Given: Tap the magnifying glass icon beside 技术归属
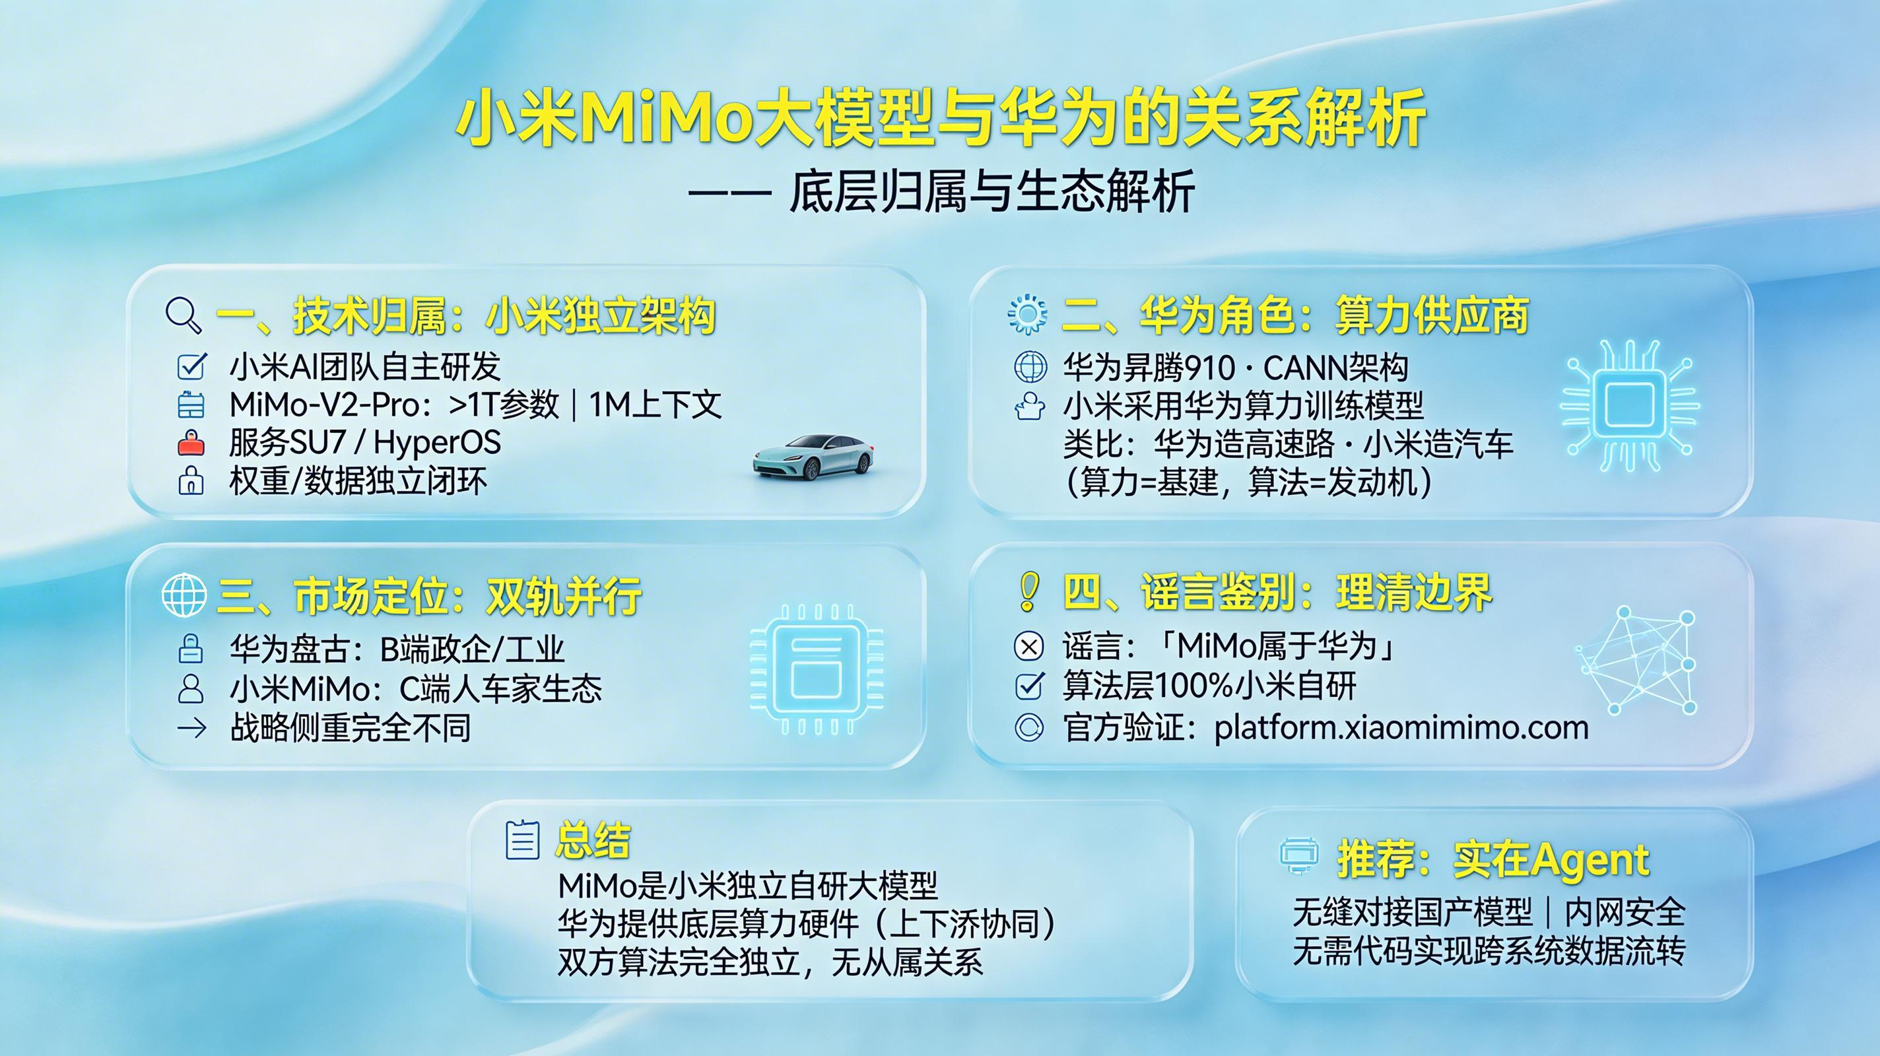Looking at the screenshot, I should (184, 316).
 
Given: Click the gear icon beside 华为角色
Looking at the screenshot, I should (1027, 315).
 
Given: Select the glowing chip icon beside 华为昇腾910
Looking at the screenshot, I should (1629, 406).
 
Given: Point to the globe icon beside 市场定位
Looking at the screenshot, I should (184, 595).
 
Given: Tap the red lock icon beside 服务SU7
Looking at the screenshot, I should (191, 443).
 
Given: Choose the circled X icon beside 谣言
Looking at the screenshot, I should (1029, 647).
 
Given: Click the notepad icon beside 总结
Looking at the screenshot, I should (523, 840).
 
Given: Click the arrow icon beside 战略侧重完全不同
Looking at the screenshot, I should (191, 727).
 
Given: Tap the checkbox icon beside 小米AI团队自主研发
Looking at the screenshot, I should (192, 366).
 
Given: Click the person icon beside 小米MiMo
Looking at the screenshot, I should (191, 689).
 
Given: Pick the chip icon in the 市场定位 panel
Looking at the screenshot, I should (816, 669).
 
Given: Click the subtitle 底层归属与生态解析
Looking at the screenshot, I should (991, 192).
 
